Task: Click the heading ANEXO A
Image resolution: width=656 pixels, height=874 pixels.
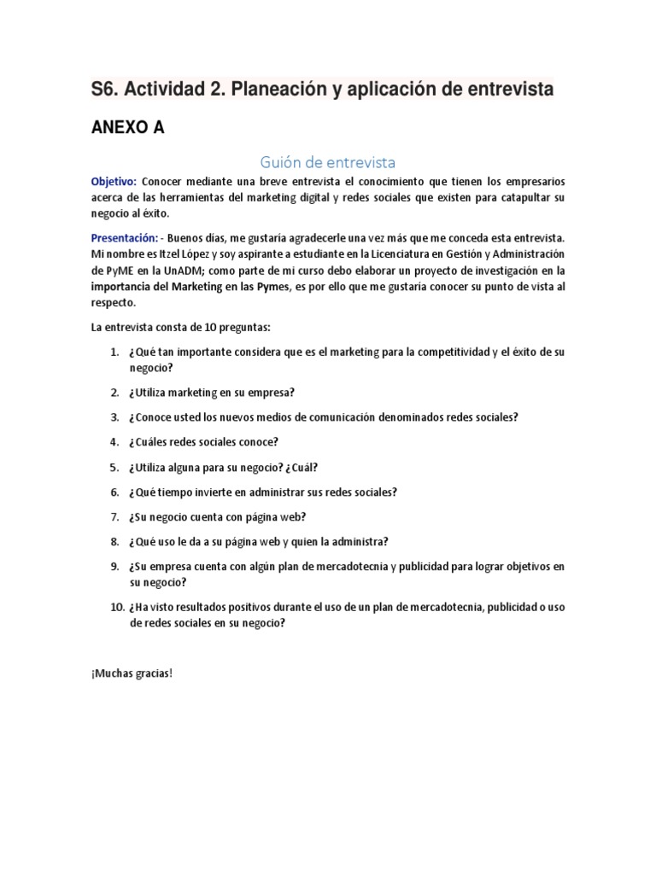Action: (128, 128)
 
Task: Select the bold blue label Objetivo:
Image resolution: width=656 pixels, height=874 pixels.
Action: (114, 182)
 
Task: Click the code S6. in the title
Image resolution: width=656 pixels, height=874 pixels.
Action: (107, 89)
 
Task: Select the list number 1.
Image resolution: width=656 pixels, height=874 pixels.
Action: (114, 353)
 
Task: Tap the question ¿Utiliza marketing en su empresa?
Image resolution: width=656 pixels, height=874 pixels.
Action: (212, 393)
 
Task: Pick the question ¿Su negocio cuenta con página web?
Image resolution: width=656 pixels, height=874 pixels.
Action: (217, 516)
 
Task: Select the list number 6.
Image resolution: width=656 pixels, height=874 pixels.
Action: (114, 492)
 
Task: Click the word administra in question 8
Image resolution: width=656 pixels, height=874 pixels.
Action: (357, 541)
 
